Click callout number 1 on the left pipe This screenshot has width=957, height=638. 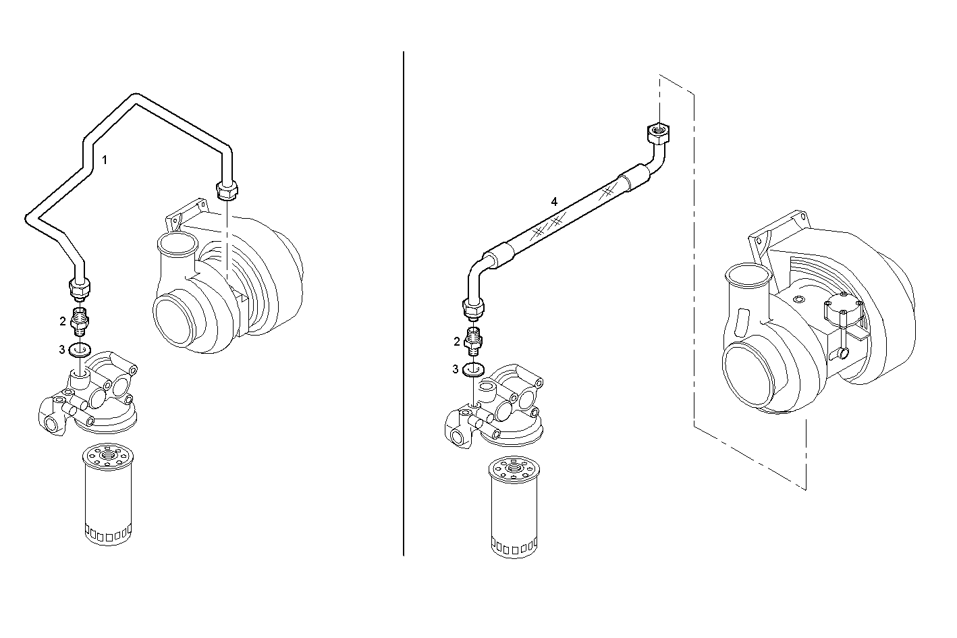pyautogui.click(x=104, y=160)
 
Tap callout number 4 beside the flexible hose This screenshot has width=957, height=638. pyautogui.click(x=554, y=201)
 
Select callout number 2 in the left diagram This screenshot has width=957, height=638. pyautogui.click(x=63, y=321)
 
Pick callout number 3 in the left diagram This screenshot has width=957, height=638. pyautogui.click(x=61, y=350)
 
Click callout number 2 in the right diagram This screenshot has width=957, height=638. pyautogui.click(x=457, y=342)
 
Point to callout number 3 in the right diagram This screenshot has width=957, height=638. pyautogui.click(x=456, y=369)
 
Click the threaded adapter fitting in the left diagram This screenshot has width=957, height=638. pyautogui.click(x=81, y=322)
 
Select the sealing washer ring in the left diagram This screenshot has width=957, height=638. pyautogui.click(x=82, y=350)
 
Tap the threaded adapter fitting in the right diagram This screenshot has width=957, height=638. pyautogui.click(x=475, y=341)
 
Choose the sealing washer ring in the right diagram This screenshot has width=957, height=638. pyautogui.click(x=475, y=369)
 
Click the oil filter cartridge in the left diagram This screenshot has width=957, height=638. pyautogui.click(x=107, y=493)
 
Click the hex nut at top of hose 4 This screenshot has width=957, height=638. pyautogui.click(x=657, y=133)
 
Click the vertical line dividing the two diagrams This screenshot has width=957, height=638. pyautogui.click(x=404, y=304)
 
